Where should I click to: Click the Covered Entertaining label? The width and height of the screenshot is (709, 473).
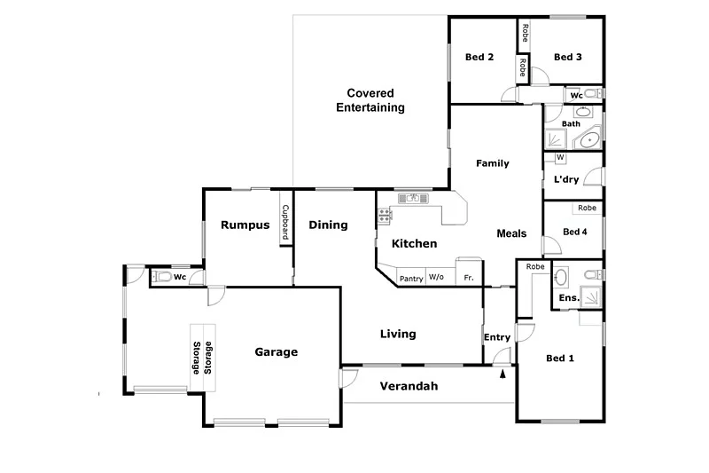[370, 100]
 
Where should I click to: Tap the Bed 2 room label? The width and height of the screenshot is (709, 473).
[479, 58]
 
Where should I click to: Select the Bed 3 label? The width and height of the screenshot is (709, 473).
[568, 58]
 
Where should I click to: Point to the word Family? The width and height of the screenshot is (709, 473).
[492, 163]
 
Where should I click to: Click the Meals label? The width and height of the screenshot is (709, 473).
[511, 234]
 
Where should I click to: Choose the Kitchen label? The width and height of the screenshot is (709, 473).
[415, 243]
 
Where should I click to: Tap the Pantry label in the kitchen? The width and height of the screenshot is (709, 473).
[411, 279]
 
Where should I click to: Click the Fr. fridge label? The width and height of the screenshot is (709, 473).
[469, 279]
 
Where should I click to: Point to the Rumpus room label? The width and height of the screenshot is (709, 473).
[245, 225]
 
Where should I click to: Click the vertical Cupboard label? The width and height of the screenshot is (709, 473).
[286, 224]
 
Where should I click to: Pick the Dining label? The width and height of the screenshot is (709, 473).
[328, 225]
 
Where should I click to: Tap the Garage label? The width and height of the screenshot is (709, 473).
[277, 352]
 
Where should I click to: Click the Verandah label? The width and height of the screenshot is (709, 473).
[409, 387]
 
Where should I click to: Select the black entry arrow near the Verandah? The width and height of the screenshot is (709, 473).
[503, 374]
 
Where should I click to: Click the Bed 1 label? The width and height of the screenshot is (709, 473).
[560, 359]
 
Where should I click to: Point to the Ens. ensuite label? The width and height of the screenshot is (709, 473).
[569, 298]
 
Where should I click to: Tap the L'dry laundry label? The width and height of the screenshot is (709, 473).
[566, 179]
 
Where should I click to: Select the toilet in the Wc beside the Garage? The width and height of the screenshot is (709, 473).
[160, 277]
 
